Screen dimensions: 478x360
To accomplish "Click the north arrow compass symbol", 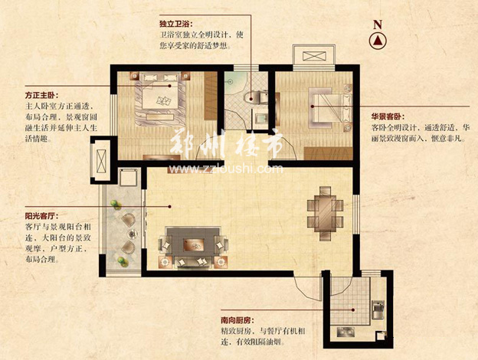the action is point(378,41).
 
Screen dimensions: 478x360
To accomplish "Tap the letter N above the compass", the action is point(378,25).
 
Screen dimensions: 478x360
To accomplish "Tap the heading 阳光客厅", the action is point(41,216).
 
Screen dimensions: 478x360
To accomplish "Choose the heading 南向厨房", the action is point(237,321).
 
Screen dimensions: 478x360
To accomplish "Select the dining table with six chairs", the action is point(326,213).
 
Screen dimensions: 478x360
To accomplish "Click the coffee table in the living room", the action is point(193,244).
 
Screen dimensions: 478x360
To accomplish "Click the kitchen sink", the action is point(378,310).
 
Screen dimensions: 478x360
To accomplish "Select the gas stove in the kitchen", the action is point(345,332).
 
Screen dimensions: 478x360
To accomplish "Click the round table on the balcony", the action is point(132,234).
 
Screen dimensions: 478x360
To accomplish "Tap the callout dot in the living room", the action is point(169,207).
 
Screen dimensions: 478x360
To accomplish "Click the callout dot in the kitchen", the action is point(352,310).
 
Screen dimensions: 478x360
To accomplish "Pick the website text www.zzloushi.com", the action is point(226,169).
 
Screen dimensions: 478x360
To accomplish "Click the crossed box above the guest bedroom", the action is point(314,56).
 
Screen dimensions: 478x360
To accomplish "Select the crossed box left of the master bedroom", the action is point(101,161).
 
